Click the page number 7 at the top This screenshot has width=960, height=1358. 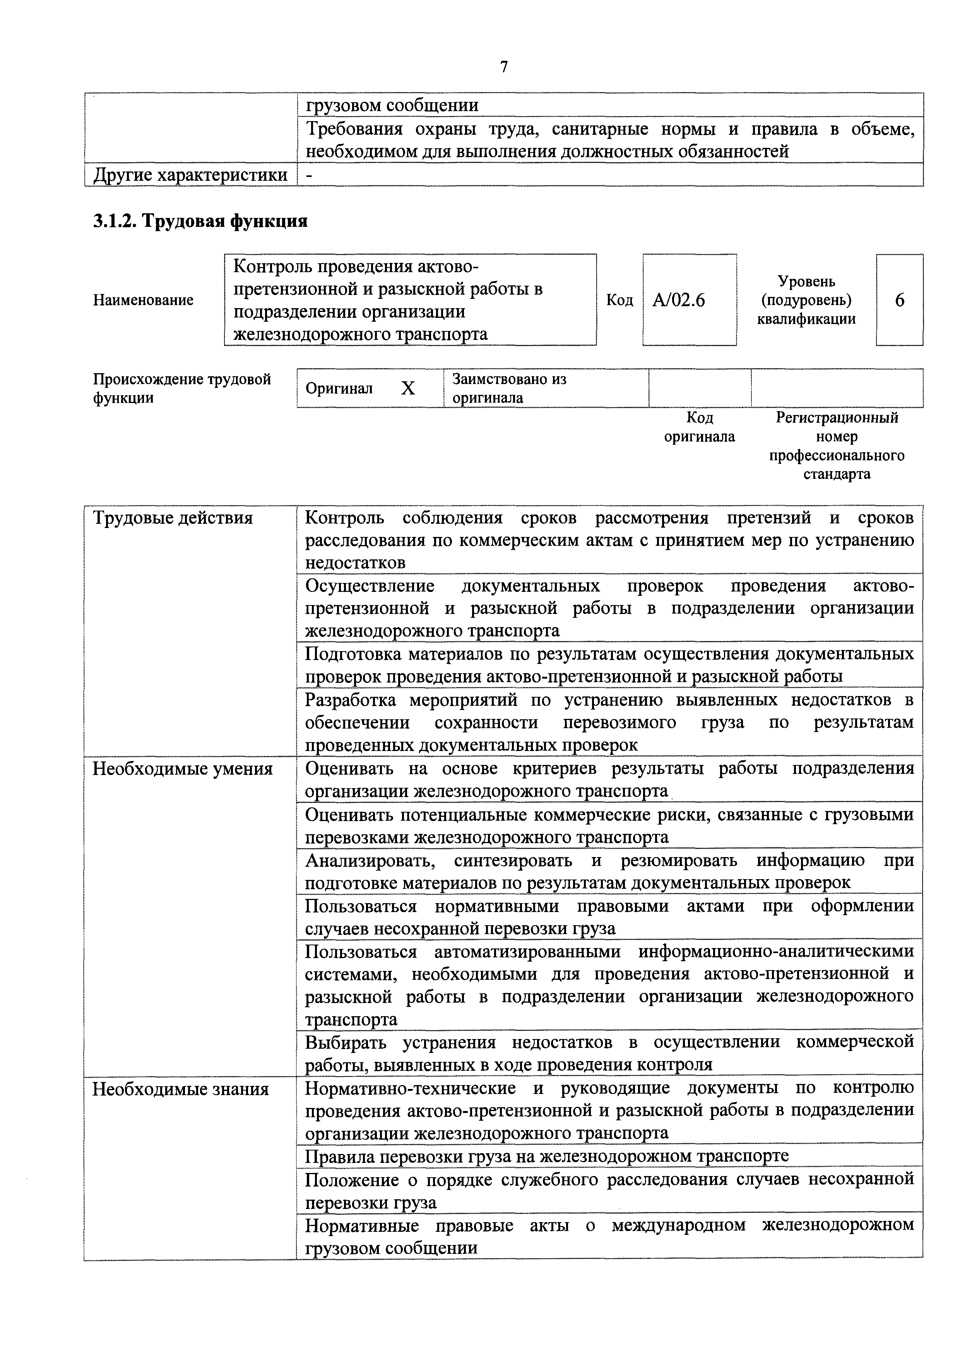[x=504, y=67]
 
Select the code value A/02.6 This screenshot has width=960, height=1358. [x=679, y=300]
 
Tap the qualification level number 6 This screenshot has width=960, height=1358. [x=899, y=300]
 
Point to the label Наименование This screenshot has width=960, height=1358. [x=143, y=300]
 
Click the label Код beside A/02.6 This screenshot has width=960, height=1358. [x=619, y=300]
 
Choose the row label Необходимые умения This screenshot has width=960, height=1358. [x=182, y=769]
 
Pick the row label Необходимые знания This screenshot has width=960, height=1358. [x=180, y=1089]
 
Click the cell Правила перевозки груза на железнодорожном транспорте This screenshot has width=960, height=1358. [x=547, y=1156]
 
